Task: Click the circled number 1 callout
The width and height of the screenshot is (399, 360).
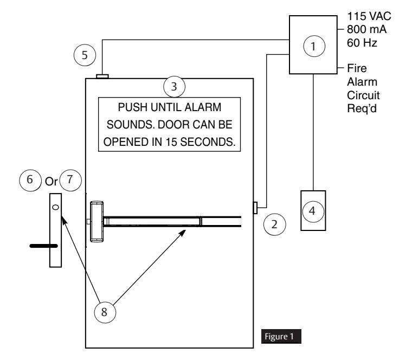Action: pyautogui.click(x=314, y=46)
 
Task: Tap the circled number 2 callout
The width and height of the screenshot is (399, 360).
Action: pyautogui.click(x=274, y=224)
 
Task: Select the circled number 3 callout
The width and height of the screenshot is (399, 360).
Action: pyautogui.click(x=175, y=87)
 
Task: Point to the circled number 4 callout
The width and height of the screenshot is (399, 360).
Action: pyautogui.click(x=313, y=211)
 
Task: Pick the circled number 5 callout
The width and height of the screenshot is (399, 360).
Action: pyautogui.click(x=85, y=55)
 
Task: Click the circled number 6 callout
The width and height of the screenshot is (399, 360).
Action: pyautogui.click(x=30, y=180)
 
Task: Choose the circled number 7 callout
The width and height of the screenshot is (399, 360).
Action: pyautogui.click(x=70, y=180)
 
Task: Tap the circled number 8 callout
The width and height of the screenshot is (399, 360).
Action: pyautogui.click(x=105, y=312)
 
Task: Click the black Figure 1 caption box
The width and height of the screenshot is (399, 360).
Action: pyautogui.click(x=281, y=336)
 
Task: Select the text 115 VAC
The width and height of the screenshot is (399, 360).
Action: pyautogui.click(x=369, y=16)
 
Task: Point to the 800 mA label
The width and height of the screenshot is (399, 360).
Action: pyautogui.click(x=366, y=29)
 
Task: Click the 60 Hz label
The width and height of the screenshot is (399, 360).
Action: pyautogui.click(x=362, y=43)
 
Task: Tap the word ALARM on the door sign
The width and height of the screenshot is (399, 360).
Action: pyautogui.click(x=203, y=107)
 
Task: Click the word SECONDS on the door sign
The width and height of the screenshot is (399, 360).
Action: pyautogui.click(x=208, y=142)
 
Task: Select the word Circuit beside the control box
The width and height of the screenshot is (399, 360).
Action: pyautogui.click(x=363, y=95)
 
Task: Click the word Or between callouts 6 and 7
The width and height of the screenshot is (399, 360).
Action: pyautogui.click(x=52, y=182)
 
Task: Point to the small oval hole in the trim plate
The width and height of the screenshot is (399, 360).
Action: pyautogui.click(x=55, y=207)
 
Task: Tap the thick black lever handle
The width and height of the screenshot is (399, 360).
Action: pyautogui.click(x=44, y=246)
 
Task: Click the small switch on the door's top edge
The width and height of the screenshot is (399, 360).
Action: pyautogui.click(x=102, y=76)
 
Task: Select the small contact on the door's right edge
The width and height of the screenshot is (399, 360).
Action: pyautogui.click(x=255, y=208)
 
